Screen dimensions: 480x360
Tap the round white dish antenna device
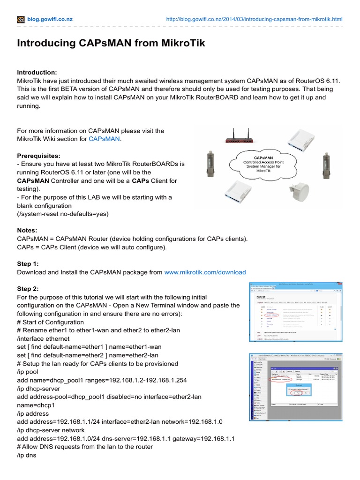(x=300, y=191)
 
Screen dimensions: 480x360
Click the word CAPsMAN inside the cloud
(x=263, y=158)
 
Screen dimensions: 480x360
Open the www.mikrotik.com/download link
(x=205, y=272)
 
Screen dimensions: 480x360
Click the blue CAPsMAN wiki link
(x=104, y=139)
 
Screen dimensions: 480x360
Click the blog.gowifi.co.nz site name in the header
(x=50, y=19)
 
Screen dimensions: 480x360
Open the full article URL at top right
(x=255, y=19)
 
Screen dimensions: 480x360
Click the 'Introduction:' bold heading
(x=37, y=72)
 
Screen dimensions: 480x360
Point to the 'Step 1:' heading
(x=28, y=264)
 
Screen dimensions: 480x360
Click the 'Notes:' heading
(x=27, y=231)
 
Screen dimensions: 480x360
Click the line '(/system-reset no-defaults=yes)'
(x=62, y=214)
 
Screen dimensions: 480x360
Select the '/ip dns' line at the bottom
(x=26, y=455)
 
